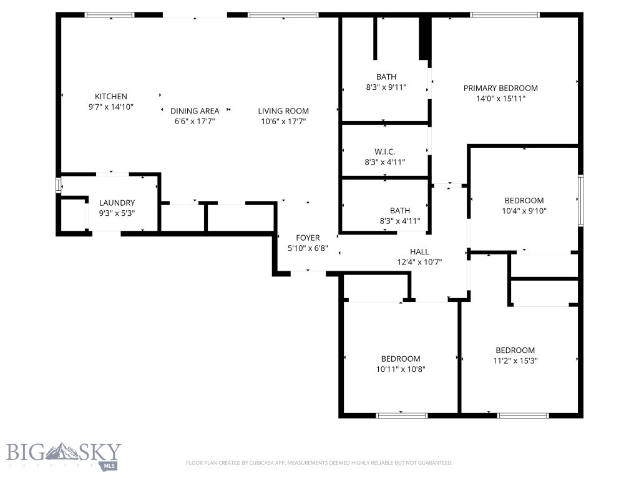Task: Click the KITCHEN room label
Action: click(x=111, y=96)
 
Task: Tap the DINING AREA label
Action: click(x=195, y=111)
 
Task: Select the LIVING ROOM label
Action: click(x=283, y=111)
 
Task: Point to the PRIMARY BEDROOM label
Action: click(x=500, y=88)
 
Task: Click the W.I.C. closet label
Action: click(x=385, y=152)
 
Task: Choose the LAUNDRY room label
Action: click(x=117, y=203)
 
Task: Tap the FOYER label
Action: click(x=308, y=238)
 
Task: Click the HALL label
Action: click(x=419, y=251)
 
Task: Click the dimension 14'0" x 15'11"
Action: click(x=500, y=99)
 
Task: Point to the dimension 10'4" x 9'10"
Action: click(x=524, y=211)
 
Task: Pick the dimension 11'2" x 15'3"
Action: click(x=515, y=360)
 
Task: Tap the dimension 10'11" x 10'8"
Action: click(x=401, y=369)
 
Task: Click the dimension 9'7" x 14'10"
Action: click(x=111, y=107)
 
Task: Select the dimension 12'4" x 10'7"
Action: click(x=419, y=262)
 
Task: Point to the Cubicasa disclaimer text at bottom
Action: click(x=319, y=463)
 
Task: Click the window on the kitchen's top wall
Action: click(x=110, y=14)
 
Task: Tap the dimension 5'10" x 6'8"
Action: click(x=308, y=248)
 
